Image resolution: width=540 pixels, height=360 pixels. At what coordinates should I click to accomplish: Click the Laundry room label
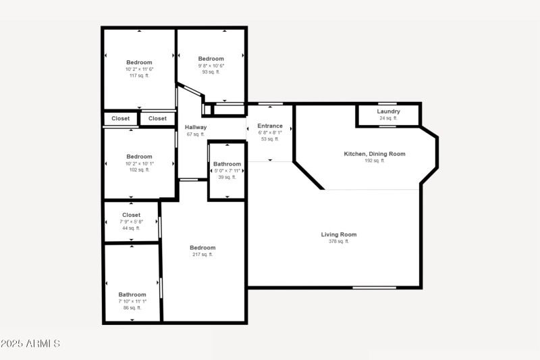tap(388, 111)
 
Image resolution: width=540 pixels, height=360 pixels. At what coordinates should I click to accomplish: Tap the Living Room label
tap(338, 234)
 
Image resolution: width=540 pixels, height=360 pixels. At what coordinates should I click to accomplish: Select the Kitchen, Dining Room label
tap(375, 154)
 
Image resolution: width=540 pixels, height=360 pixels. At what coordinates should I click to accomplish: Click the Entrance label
tap(270, 126)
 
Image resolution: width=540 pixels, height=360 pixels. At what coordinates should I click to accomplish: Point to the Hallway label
tap(196, 127)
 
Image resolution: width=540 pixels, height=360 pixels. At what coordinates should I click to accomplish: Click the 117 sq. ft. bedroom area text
tap(139, 76)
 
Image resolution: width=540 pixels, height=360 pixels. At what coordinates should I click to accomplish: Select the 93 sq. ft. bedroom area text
tap(211, 72)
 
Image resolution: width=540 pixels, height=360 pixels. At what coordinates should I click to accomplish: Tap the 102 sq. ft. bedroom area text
tap(139, 170)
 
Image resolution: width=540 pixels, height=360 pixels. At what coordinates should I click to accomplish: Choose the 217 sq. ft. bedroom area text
tap(202, 255)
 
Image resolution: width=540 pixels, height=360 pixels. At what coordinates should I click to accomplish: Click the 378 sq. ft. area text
tap(338, 241)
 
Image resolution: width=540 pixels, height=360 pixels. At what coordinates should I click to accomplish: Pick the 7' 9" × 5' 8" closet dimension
tap(132, 222)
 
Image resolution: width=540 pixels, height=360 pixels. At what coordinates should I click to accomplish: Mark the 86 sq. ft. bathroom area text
tap(132, 308)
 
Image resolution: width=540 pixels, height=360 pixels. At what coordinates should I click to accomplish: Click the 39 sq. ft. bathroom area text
tap(227, 177)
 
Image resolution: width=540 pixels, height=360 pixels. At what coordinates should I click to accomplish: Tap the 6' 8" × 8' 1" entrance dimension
tap(270, 132)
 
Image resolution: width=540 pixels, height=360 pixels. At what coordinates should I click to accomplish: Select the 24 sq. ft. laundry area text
tap(388, 118)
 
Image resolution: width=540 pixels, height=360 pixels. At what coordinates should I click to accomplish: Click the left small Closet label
tap(121, 119)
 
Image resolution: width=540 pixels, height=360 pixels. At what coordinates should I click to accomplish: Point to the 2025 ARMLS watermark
tap(30, 344)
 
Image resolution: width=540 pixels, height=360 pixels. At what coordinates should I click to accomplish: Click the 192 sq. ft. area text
tap(375, 161)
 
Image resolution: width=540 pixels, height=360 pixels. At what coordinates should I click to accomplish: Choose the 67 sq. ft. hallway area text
tap(196, 134)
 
